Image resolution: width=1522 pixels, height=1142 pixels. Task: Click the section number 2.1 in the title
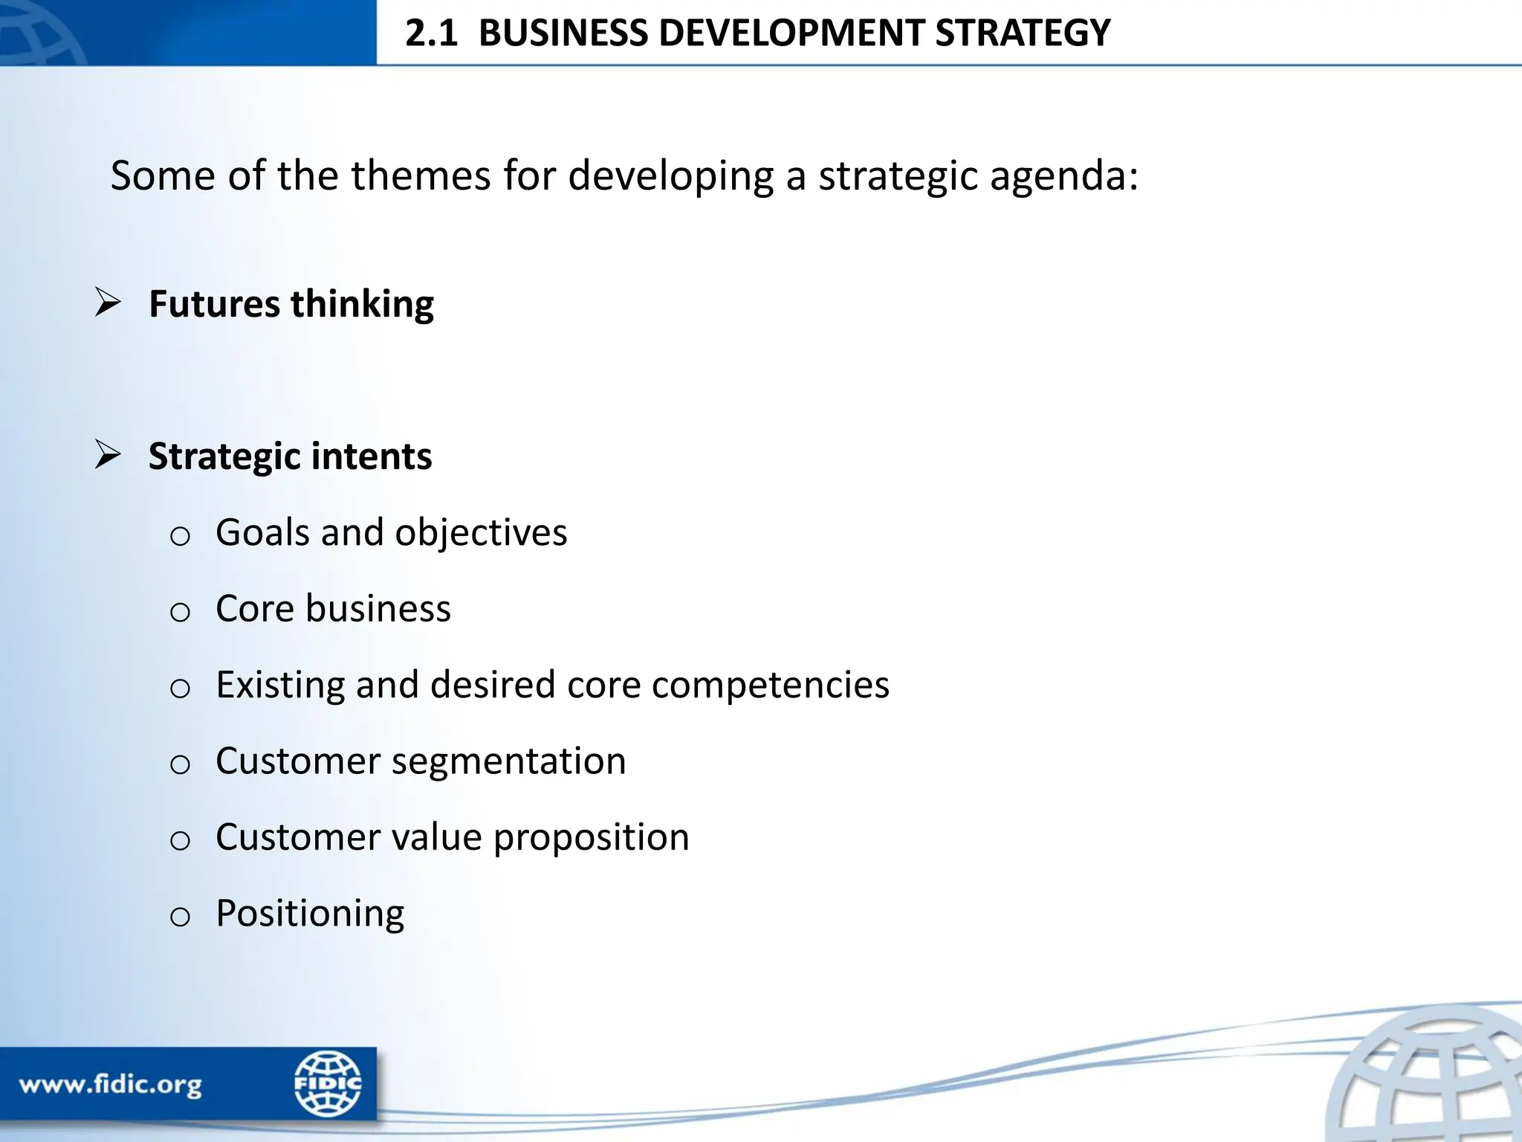pyautogui.click(x=431, y=34)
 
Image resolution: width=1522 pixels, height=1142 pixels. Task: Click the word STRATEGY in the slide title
pyautogui.click(x=1022, y=34)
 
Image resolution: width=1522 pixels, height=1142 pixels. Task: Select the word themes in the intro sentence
pyautogui.click(x=421, y=176)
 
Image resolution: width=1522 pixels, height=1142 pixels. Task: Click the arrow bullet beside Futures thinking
pyautogui.click(x=109, y=303)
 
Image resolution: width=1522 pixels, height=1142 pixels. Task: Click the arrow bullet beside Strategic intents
pyautogui.click(x=109, y=455)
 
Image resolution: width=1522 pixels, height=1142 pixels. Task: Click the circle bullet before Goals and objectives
pyautogui.click(x=180, y=536)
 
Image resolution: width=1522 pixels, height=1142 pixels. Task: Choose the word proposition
pyautogui.click(x=591, y=838)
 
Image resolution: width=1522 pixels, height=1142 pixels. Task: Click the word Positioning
pyautogui.click(x=310, y=914)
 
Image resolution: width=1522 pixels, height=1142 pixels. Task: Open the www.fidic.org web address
pyautogui.click(x=110, y=1086)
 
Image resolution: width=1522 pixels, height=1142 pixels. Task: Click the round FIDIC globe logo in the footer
pyautogui.click(x=327, y=1083)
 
